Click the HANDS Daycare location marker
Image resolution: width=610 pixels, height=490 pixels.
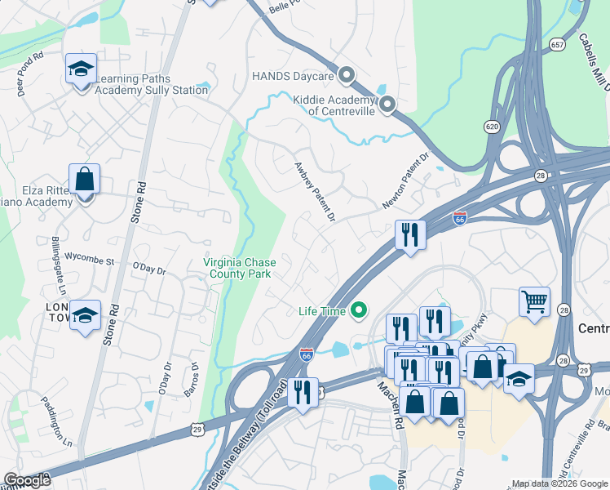(x=346, y=76)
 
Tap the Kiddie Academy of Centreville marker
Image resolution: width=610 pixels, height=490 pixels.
(x=387, y=104)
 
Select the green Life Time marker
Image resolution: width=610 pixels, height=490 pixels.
(x=356, y=310)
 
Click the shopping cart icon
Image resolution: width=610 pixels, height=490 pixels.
(x=534, y=301)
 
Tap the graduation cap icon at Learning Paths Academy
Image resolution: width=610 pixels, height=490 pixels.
(x=81, y=69)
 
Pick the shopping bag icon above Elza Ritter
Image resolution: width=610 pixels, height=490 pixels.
(x=85, y=179)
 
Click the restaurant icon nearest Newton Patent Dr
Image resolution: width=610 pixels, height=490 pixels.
(x=410, y=234)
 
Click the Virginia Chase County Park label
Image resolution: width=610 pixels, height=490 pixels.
(x=239, y=268)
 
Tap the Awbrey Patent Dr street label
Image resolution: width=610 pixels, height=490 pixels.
(x=315, y=190)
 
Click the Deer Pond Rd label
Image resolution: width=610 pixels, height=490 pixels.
(x=29, y=73)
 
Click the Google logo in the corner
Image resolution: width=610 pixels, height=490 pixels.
(x=27, y=479)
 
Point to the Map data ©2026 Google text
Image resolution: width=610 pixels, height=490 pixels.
(x=559, y=483)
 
